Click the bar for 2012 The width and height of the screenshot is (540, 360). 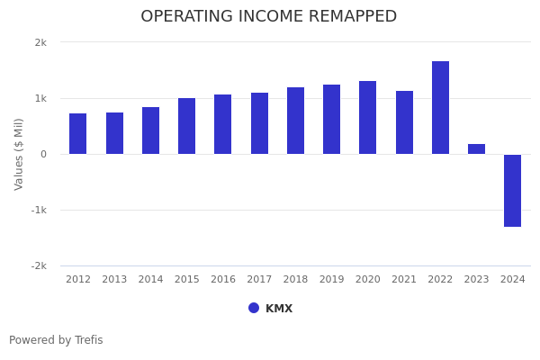78,133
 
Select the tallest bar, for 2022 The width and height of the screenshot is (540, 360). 440,107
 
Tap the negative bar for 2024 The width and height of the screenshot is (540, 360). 512,190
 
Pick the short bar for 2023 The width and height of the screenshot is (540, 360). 476,148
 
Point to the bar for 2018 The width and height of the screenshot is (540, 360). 295,121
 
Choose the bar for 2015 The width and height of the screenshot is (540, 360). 186,126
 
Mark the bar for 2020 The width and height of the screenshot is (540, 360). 368,117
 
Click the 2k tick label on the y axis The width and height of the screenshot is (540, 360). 40,42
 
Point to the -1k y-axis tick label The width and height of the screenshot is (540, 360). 39,210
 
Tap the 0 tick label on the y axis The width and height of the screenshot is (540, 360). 43,154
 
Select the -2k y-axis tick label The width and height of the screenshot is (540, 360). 39,265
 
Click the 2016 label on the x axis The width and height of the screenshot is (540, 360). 223,280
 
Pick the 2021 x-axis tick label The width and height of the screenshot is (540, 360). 404,280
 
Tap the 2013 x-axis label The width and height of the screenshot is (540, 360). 114,280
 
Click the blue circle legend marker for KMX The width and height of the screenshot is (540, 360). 254,308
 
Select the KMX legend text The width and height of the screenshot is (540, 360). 279,309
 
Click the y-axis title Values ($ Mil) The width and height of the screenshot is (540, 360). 19,154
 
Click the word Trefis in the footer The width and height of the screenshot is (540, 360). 88,340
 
